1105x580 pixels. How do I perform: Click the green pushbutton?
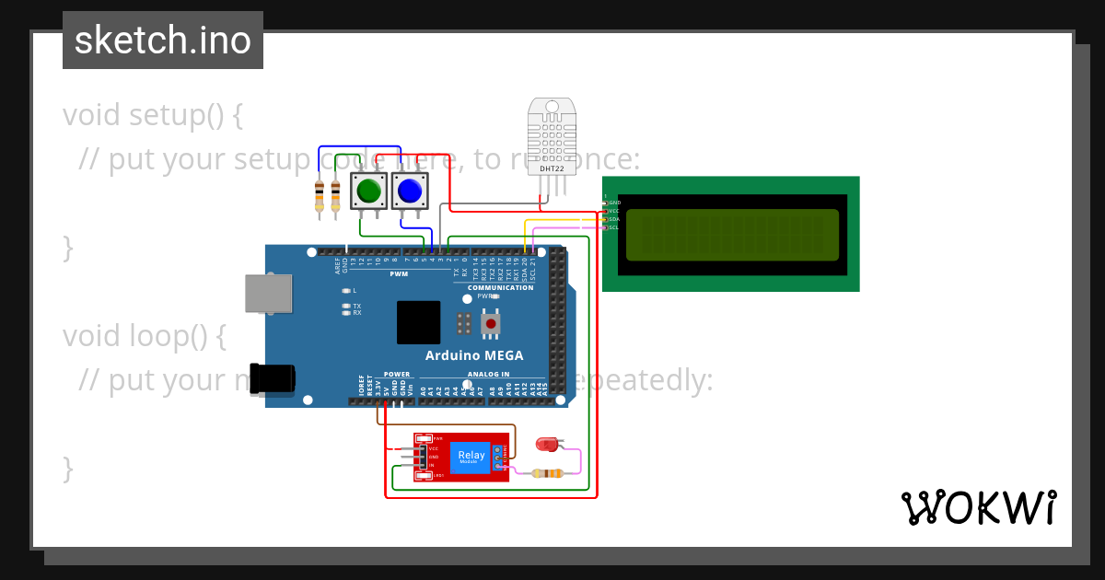click(368, 191)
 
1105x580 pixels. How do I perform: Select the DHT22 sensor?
click(552, 138)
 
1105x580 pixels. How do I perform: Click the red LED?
click(548, 445)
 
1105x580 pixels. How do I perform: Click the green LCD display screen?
click(732, 235)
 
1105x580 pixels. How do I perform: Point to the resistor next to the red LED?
click(549, 473)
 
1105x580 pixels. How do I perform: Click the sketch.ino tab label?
click(163, 41)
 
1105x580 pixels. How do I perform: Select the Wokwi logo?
click(979, 507)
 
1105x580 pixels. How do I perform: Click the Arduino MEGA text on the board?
click(474, 355)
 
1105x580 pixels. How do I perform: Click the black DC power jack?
click(273, 378)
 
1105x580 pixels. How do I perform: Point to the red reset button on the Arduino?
click(491, 324)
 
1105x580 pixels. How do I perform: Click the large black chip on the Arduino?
click(418, 322)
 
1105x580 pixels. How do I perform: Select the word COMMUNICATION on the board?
click(500, 287)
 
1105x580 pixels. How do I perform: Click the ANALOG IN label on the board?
click(488, 375)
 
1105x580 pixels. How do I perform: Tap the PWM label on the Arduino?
click(399, 273)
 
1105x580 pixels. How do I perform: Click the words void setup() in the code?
click(153, 116)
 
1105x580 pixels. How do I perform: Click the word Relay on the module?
click(471, 455)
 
